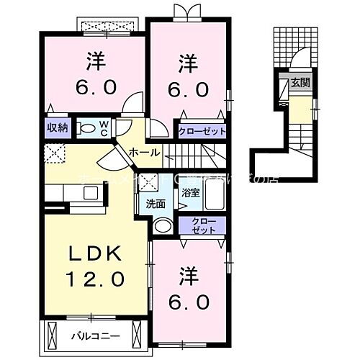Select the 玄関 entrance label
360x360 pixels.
coord(300,84)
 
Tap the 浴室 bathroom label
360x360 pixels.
coord(191,193)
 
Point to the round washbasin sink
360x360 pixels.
coord(163,227)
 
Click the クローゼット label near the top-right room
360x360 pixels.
coord(203,132)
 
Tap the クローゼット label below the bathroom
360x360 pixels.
coord(204,225)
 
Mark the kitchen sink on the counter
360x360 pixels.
coord(91,192)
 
